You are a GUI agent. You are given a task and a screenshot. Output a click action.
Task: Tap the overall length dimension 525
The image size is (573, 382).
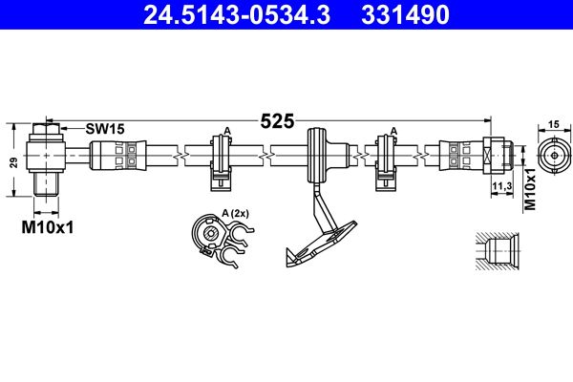coord(278,121)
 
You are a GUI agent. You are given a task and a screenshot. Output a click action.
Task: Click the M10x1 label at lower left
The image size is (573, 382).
coord(48,227)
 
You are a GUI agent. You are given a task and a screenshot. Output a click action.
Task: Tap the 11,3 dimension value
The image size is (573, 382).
coord(500,185)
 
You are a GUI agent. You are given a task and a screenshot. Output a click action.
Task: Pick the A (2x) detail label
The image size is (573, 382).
coord(235,213)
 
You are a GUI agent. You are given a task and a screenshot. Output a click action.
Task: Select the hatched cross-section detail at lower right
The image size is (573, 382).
coord(499,253)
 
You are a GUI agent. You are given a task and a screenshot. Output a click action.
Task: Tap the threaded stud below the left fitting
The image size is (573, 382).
coord(48,183)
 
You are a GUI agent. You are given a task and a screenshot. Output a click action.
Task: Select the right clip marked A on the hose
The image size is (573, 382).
coord(389,156)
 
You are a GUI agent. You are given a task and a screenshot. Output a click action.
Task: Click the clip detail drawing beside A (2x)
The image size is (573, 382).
coord(214,239)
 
